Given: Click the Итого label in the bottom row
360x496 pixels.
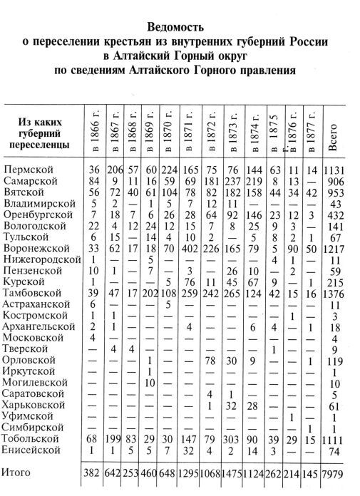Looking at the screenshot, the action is (x=21, y=471).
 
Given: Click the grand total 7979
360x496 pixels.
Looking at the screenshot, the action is (x=334, y=471).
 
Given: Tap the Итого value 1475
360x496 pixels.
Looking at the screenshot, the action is (x=234, y=471).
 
